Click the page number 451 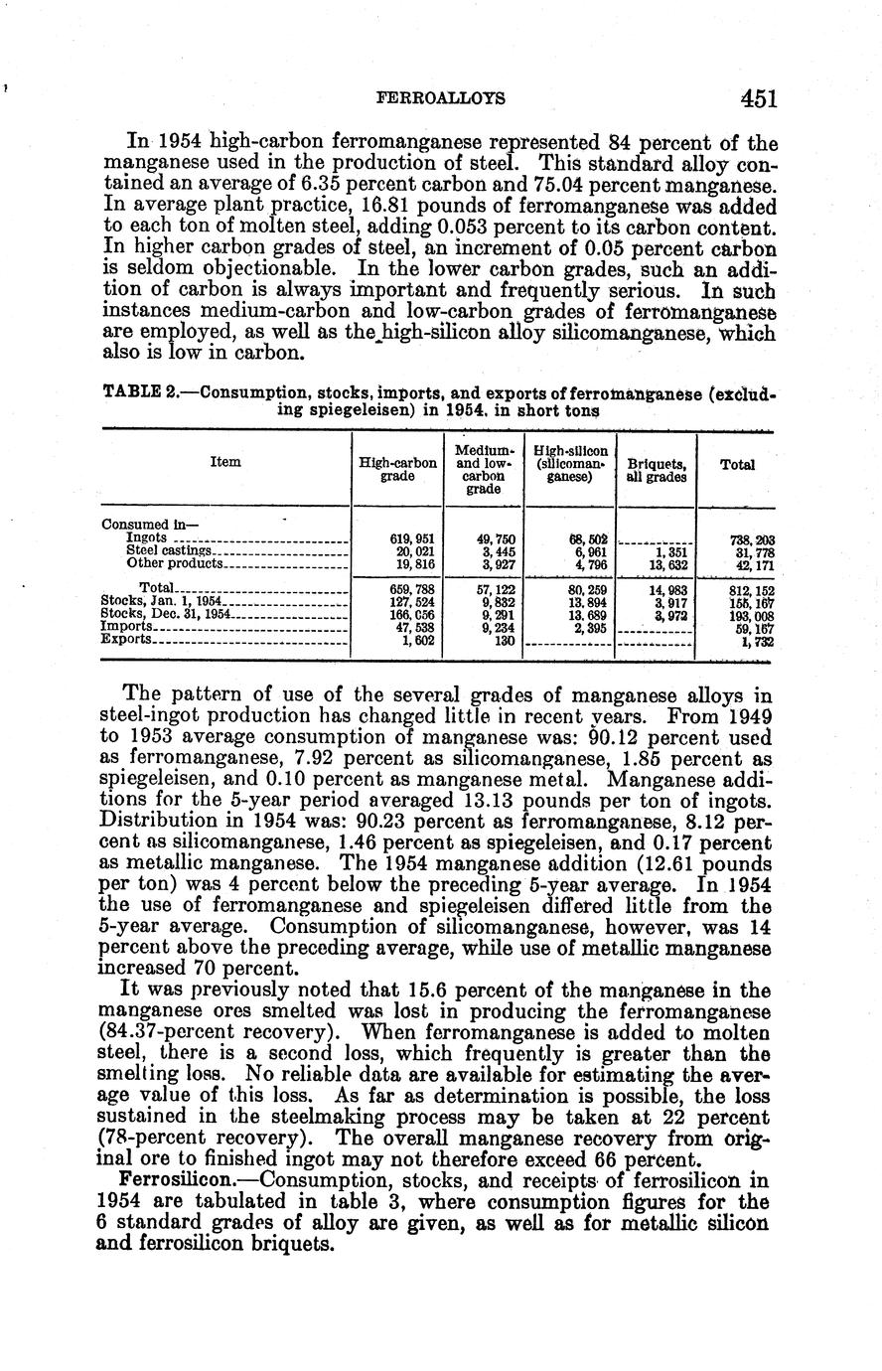757,97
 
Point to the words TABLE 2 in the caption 140,392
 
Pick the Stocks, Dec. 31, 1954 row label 166,614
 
